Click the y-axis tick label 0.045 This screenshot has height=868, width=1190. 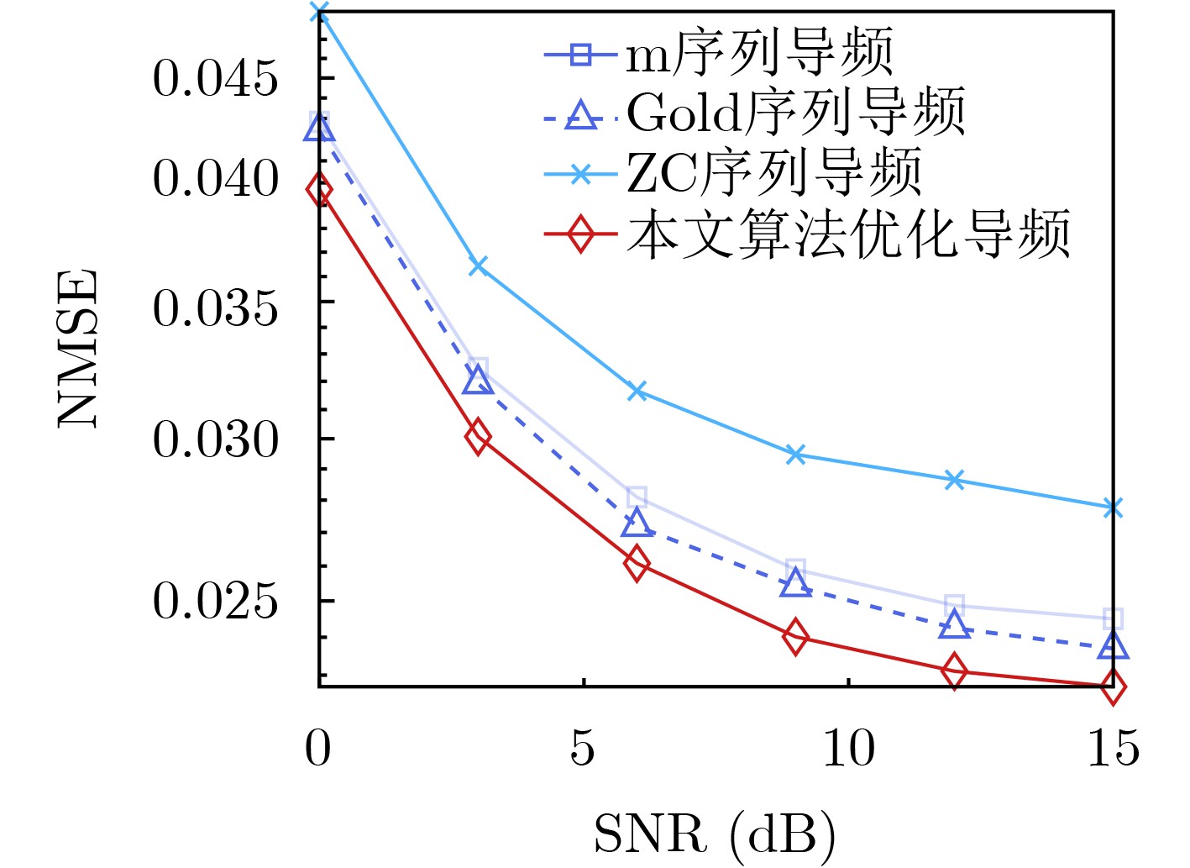coord(215,79)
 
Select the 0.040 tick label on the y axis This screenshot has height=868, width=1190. coord(215,179)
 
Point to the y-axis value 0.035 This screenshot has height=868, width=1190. coord(215,308)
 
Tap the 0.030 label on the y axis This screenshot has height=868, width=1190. coord(215,439)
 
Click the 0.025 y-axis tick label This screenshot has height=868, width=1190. coord(215,602)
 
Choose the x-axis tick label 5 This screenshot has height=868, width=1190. coord(583,748)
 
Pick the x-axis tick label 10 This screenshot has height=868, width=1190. coord(848,748)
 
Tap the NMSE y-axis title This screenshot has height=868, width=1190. coord(77,348)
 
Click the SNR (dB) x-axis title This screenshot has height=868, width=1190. coord(715,834)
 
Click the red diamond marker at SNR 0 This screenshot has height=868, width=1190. coord(319,190)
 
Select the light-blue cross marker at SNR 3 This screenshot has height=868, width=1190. coord(478,266)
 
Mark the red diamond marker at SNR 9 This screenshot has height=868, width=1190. coord(796,637)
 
